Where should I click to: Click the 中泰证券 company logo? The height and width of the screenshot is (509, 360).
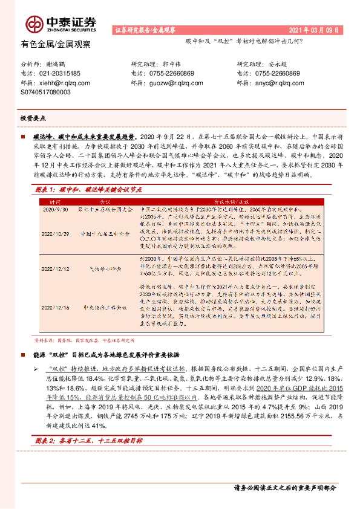tap(60, 24)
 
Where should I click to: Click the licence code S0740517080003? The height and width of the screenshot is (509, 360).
tap(46, 92)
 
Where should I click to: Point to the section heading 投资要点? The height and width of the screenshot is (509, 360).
tap(33, 118)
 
